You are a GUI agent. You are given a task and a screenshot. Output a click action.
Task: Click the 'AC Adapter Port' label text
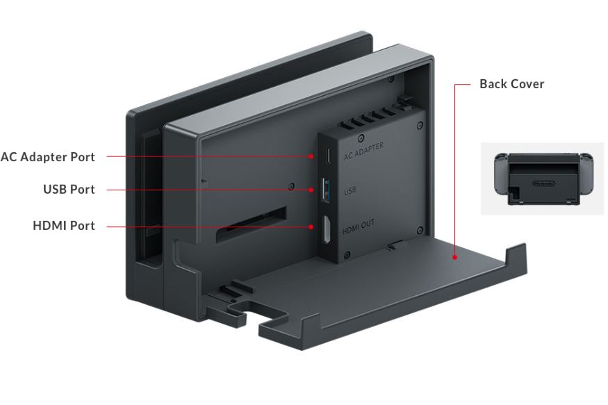tap(48, 157)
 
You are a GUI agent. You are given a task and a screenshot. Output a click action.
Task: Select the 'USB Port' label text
tap(69, 190)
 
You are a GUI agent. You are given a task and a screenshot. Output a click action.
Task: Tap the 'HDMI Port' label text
tap(64, 226)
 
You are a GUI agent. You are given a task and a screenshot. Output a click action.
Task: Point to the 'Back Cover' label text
tap(512, 84)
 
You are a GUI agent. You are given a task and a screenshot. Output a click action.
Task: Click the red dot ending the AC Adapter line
tap(311, 156)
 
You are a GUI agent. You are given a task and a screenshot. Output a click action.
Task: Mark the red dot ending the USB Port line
tap(311, 190)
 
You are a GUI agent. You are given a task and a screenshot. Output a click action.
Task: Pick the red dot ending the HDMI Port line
tap(311, 226)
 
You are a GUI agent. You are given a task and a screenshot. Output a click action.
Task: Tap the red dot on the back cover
tap(455, 257)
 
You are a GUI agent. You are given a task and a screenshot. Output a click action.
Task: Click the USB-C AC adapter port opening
tap(328, 156)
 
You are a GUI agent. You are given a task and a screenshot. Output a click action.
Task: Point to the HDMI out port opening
tap(327, 230)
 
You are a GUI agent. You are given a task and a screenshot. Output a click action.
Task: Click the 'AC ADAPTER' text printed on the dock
tap(363, 151)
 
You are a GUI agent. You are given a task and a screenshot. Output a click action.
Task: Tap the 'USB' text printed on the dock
tap(350, 190)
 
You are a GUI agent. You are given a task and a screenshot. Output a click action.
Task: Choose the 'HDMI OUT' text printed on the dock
tap(359, 227)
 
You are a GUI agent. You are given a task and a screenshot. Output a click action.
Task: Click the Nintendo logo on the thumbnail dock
tap(543, 183)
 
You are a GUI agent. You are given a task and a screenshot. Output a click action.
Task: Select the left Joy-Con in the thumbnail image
tap(501, 173)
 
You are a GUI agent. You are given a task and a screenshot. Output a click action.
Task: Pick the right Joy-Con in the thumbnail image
tap(586, 173)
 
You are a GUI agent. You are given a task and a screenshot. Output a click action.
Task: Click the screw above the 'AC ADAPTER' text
tap(361, 138)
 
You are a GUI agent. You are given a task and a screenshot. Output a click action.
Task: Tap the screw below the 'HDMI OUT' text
tap(347, 255)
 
